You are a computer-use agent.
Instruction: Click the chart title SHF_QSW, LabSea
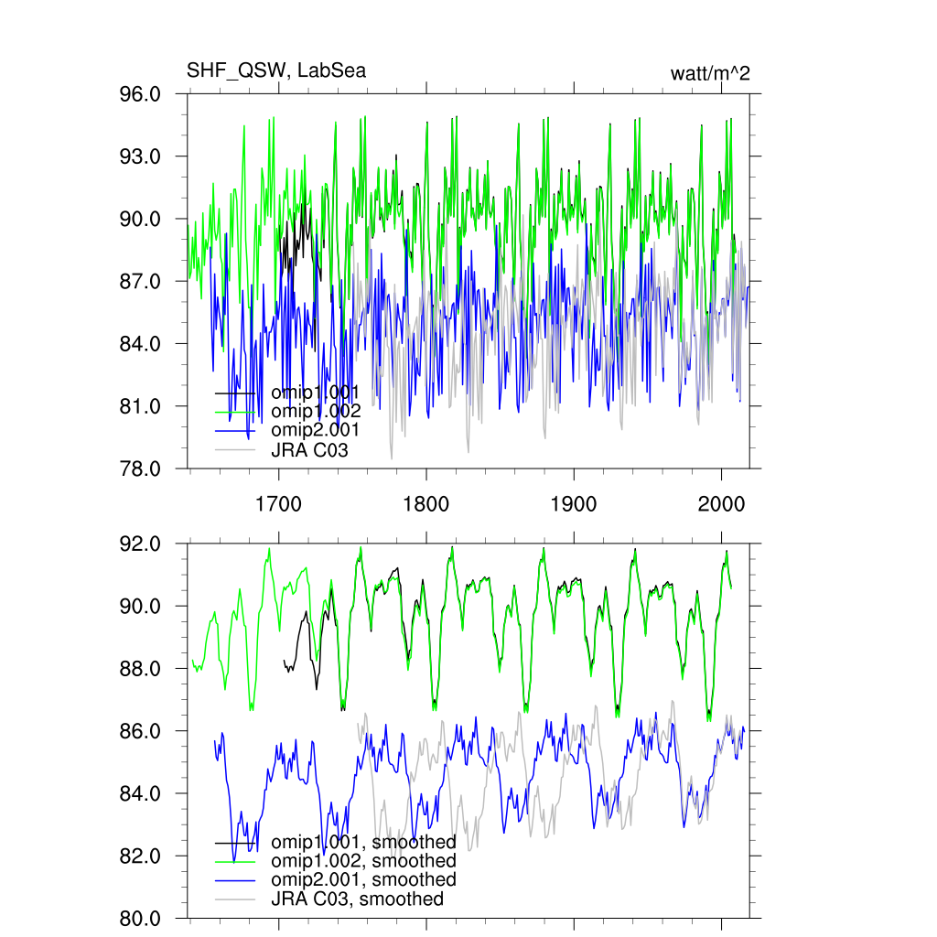click(276, 70)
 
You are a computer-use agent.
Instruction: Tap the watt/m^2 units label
click(710, 74)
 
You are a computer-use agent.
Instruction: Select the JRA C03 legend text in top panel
click(309, 449)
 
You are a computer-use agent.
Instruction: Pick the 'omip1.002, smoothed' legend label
click(363, 861)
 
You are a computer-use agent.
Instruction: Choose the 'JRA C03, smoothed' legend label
click(357, 899)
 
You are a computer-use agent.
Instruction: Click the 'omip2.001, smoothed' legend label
click(363, 879)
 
